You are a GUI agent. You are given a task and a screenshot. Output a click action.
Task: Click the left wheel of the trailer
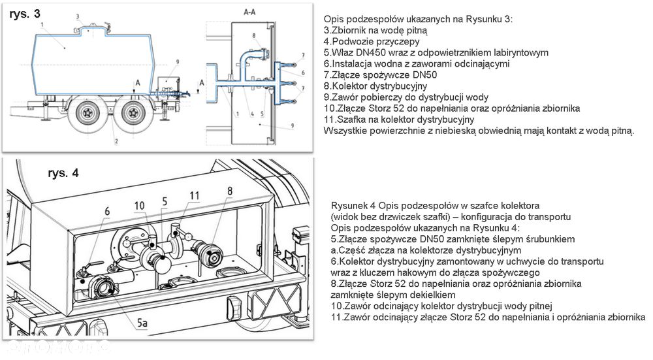click(x=89, y=114)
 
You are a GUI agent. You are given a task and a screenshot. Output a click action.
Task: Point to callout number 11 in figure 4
click(x=194, y=195)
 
